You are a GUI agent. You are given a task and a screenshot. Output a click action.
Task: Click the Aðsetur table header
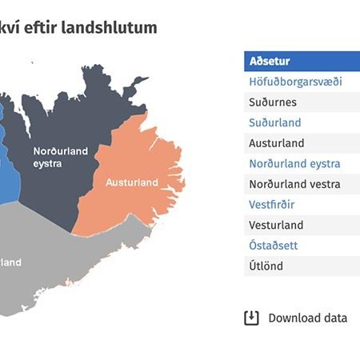tap(270, 61)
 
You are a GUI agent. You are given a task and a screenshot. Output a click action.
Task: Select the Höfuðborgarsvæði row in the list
tap(295, 82)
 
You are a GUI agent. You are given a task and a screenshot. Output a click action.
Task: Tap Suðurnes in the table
tap(273, 102)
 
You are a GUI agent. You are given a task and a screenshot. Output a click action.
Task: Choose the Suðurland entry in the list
tap(274, 122)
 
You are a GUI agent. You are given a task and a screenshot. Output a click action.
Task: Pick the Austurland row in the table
tap(276, 143)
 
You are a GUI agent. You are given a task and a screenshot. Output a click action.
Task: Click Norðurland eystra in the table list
tap(294, 163)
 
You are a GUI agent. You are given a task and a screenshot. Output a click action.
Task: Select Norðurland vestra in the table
tap(294, 184)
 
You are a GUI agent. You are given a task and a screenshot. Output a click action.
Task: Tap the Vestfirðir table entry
tap(272, 205)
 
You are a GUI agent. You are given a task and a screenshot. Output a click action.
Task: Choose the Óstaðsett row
tap(273, 246)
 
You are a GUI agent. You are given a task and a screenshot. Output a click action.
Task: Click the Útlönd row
tap(266, 266)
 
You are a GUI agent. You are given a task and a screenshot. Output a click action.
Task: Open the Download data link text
tap(307, 318)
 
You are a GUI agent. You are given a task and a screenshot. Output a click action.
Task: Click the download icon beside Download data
tap(251, 318)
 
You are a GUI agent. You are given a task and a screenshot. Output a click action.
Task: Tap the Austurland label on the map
tap(132, 182)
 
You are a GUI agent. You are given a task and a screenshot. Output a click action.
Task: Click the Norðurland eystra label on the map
tap(58, 157)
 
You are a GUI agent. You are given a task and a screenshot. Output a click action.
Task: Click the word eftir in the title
tap(54, 27)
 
